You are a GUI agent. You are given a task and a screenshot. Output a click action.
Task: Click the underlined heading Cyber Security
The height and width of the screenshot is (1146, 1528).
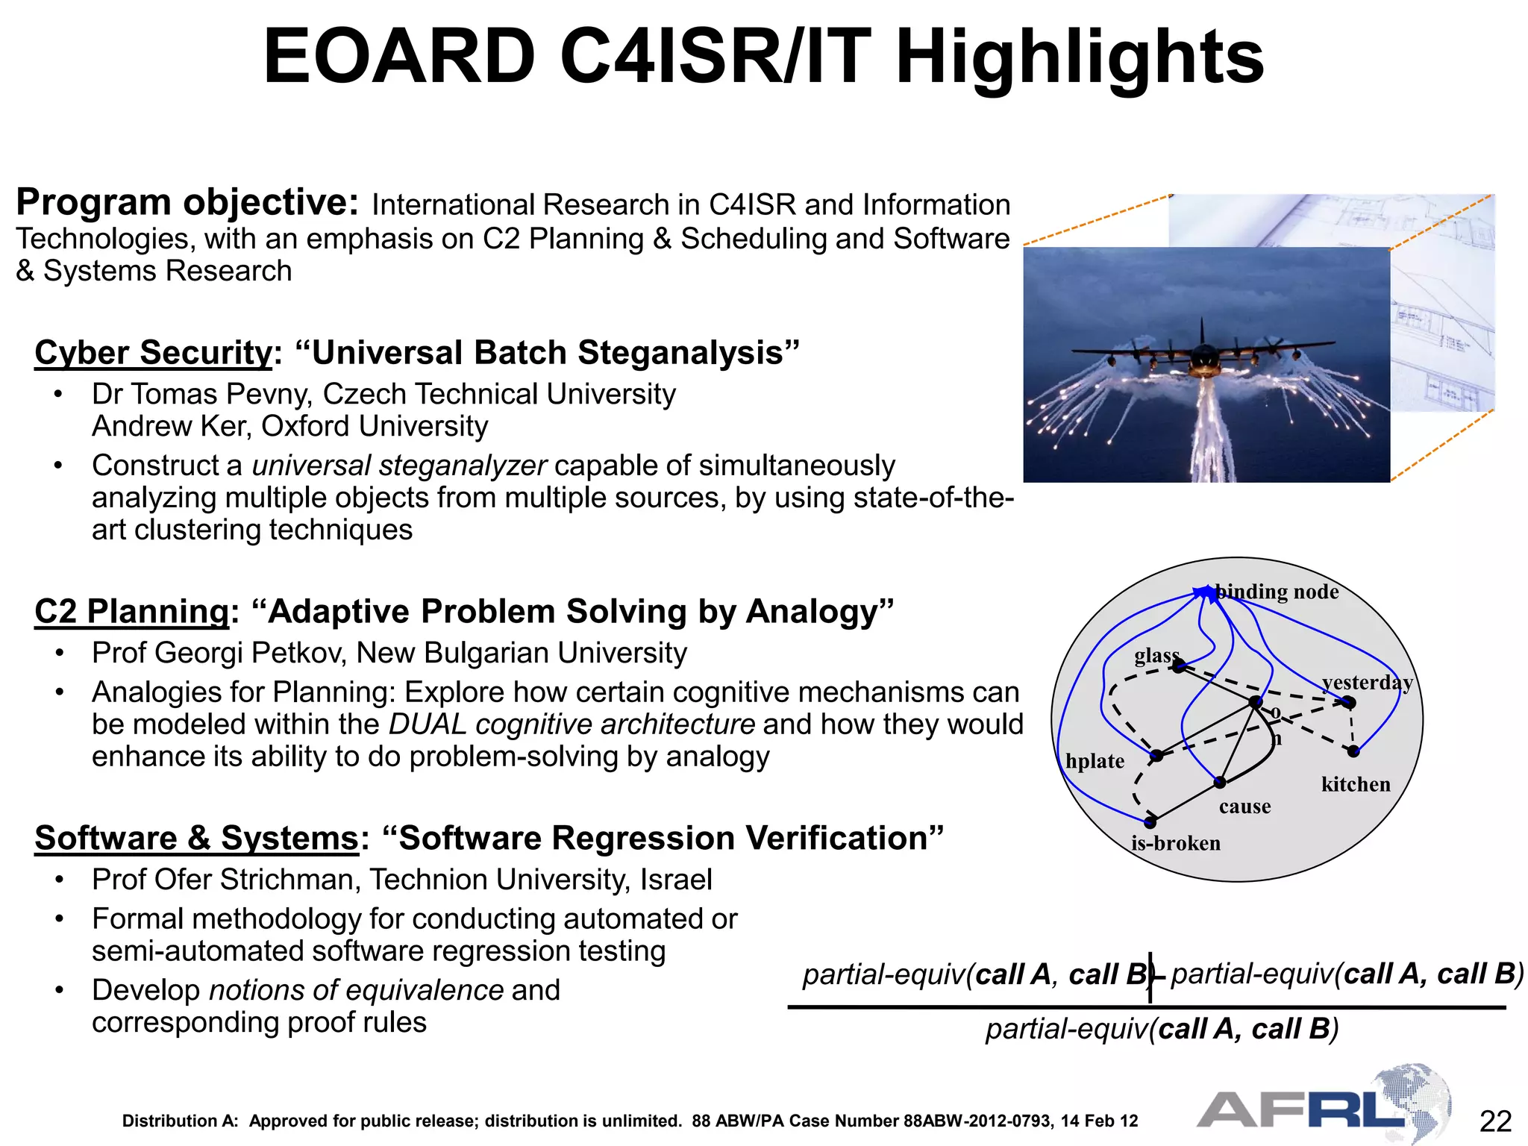(153, 353)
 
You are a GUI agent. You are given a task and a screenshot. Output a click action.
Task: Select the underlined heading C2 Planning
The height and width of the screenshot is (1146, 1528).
(131, 612)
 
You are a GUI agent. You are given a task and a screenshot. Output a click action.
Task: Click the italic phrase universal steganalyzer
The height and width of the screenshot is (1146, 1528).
(399, 466)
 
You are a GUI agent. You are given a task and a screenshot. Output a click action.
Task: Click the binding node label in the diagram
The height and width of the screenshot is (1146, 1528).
(1277, 592)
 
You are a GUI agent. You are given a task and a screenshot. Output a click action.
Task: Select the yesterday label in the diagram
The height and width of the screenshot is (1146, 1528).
(1367, 682)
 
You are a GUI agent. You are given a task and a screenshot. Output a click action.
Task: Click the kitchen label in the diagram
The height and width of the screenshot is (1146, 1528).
(1356, 784)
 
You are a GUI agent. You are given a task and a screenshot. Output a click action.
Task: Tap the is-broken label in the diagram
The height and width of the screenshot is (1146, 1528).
(1176, 843)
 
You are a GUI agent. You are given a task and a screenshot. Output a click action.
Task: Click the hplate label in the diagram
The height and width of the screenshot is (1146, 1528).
(1095, 761)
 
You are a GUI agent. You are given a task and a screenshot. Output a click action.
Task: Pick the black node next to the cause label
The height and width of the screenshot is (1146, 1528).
(1220, 783)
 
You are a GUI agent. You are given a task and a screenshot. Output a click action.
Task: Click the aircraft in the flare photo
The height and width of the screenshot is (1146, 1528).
(1203, 351)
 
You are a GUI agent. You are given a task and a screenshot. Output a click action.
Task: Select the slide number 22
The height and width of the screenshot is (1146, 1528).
(1495, 1121)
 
